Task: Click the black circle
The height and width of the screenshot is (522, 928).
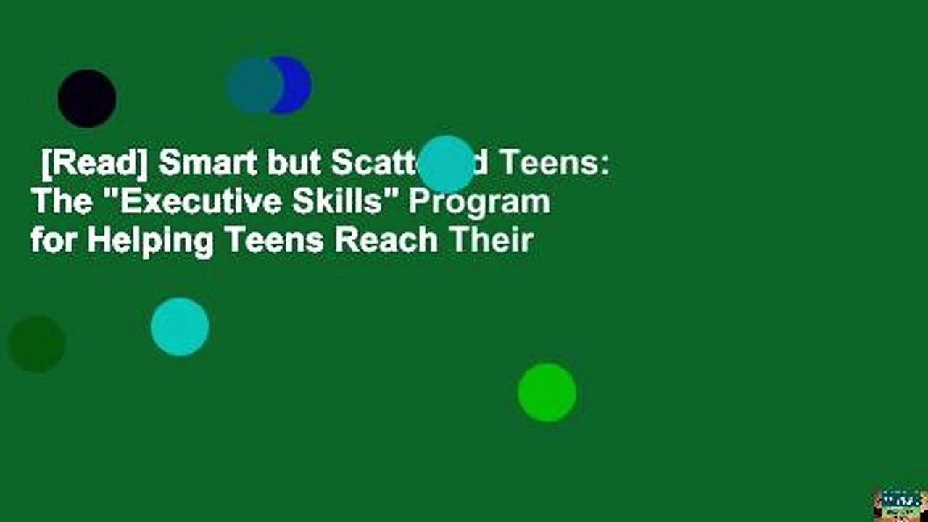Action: click(87, 99)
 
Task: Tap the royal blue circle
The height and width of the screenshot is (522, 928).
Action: click(294, 85)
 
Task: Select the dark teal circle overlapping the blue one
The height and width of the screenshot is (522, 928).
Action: click(254, 85)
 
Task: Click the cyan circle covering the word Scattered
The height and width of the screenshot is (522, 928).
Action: click(447, 164)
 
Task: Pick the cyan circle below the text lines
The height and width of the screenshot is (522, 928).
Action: click(180, 326)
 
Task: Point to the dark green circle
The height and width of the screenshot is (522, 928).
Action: click(36, 344)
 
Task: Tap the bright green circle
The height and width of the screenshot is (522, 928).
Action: click(547, 392)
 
